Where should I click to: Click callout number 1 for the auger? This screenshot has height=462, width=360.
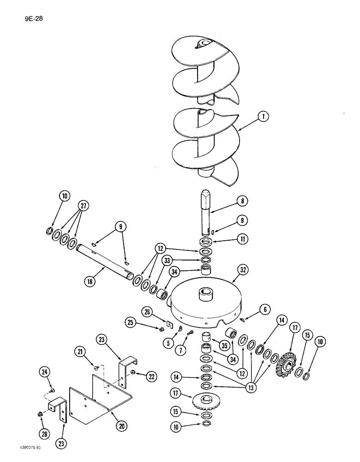pos(263,117)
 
